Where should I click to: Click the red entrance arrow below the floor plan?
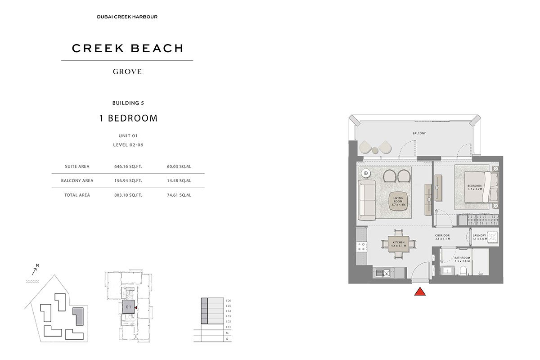tap(420, 291)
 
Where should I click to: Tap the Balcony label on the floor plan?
tap(419, 133)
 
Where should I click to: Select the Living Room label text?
tap(398, 201)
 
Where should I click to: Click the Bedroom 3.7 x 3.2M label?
tap(475, 187)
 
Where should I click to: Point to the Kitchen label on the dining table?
tap(399, 244)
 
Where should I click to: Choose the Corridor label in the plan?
tap(442, 237)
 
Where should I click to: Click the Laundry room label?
tap(480, 237)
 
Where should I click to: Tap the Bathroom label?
tap(462, 260)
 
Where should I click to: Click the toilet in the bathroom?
tap(463, 270)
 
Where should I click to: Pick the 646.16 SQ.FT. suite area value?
tap(128, 166)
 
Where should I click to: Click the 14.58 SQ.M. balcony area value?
tap(179, 181)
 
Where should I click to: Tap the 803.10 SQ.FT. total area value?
tap(128, 195)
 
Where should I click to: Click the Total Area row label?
tap(77, 195)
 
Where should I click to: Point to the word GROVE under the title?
tap(127, 72)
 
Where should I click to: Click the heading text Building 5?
tap(128, 103)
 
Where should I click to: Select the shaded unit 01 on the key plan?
tap(128, 307)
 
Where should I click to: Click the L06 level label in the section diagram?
tap(228, 301)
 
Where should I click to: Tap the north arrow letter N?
tap(37, 265)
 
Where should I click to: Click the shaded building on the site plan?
tap(79, 316)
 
